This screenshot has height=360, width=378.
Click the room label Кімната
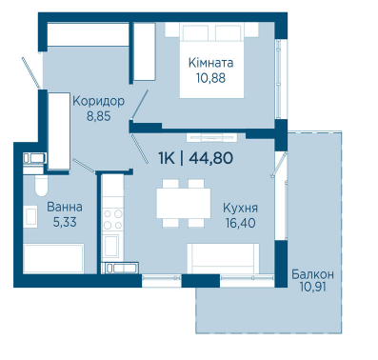(x=210, y=63)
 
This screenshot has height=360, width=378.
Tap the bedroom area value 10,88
(x=210, y=78)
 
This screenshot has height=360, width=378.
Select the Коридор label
(x=99, y=101)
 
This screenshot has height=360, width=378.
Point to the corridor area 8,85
(x=99, y=116)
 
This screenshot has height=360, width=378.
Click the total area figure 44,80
(x=211, y=158)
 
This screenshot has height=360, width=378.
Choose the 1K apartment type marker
(x=167, y=158)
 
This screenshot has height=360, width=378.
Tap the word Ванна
(x=65, y=207)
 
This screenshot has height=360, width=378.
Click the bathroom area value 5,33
(x=65, y=222)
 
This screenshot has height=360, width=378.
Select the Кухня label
(x=240, y=209)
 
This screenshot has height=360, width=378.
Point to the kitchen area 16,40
(x=241, y=223)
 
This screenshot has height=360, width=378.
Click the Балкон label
(x=312, y=274)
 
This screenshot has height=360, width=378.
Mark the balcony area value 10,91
(x=312, y=287)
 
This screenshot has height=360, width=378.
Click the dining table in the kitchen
(x=184, y=204)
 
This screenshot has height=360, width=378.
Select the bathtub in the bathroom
(x=53, y=258)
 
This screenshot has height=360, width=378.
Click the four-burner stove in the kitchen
(x=113, y=219)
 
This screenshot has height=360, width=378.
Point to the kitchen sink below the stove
(x=111, y=246)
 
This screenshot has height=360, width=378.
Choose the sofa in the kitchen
(x=223, y=258)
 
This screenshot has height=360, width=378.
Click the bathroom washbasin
(x=31, y=216)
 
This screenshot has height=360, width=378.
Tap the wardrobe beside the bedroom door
(x=144, y=51)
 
